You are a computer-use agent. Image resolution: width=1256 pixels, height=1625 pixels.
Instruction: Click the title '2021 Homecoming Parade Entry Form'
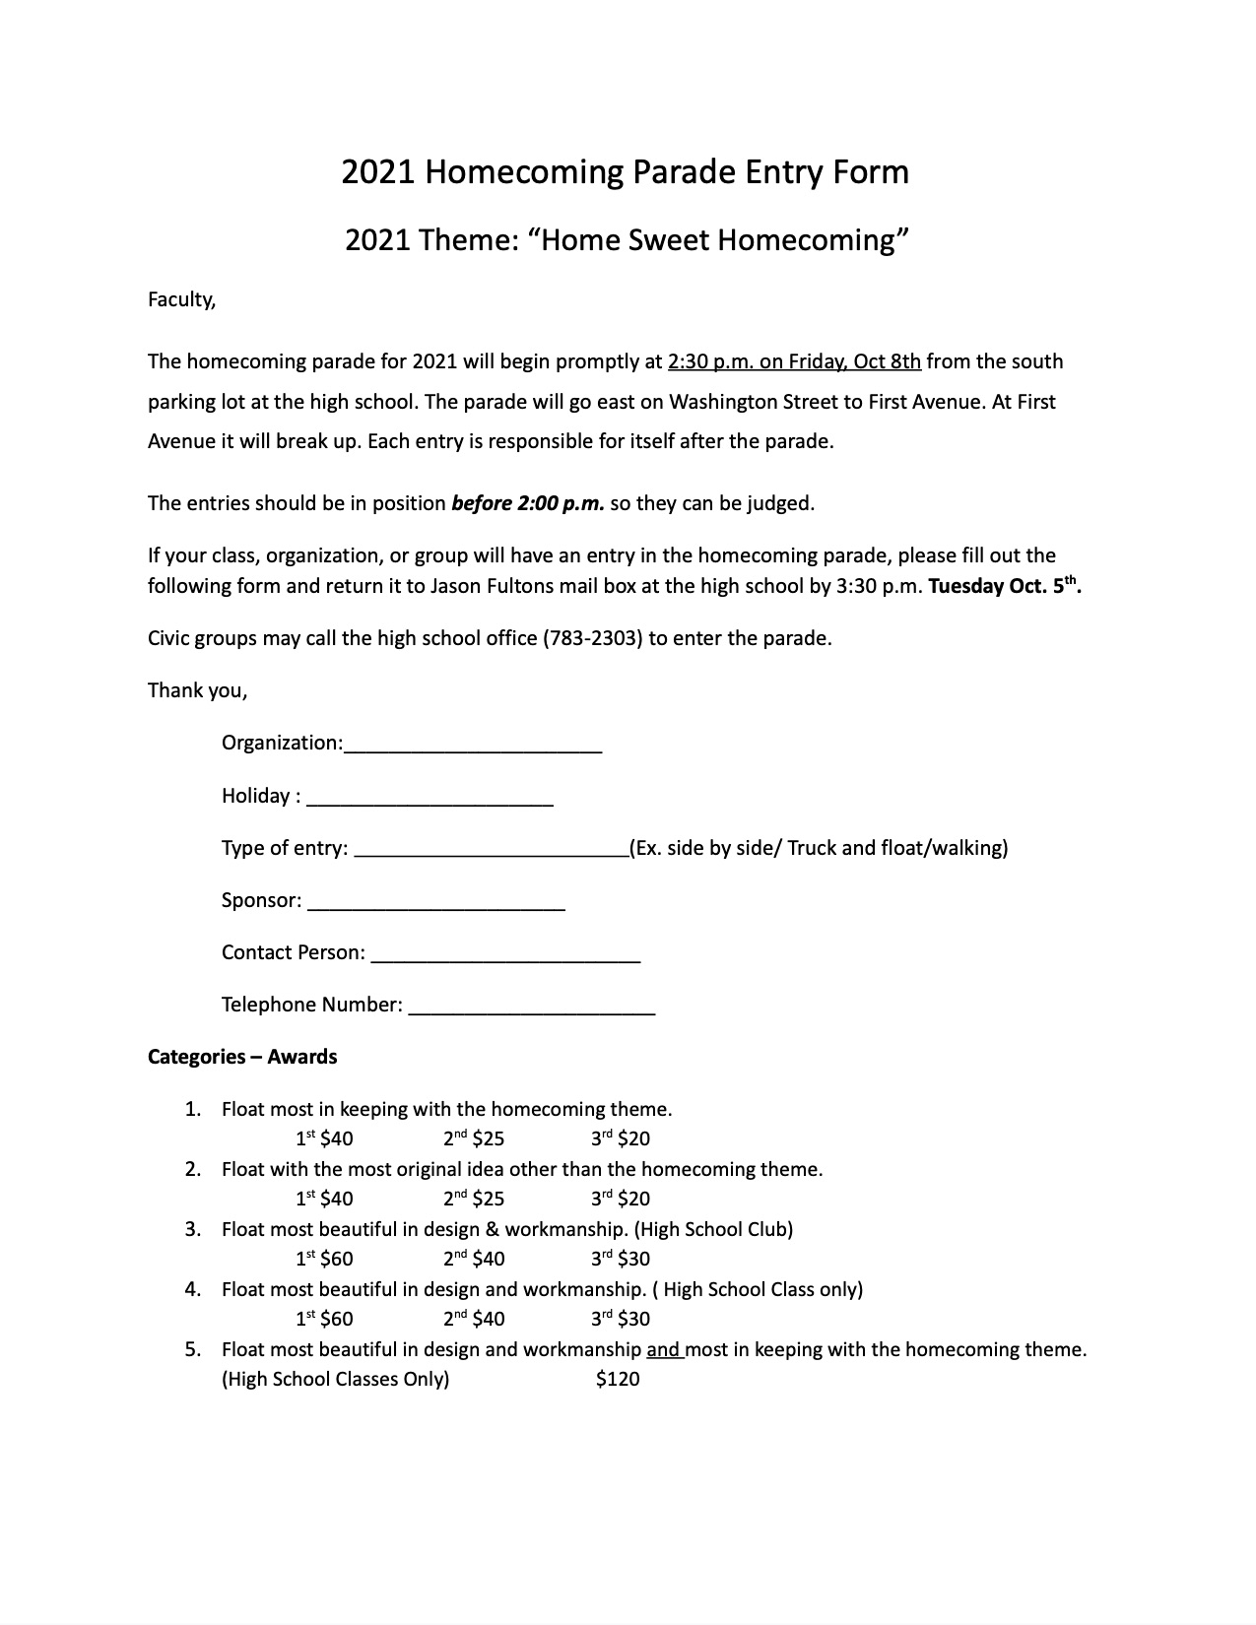[x=625, y=172]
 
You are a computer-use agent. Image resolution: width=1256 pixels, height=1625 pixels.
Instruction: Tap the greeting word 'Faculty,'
[x=181, y=299]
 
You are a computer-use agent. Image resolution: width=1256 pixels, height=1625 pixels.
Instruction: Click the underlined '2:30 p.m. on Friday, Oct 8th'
[x=794, y=361]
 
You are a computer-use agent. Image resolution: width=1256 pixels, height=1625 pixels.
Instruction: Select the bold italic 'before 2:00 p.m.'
[x=528, y=503]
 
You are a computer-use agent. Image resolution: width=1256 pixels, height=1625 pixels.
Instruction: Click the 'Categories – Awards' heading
[x=242, y=1057]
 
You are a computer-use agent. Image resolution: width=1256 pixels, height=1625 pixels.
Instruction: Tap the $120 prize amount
[x=618, y=1379]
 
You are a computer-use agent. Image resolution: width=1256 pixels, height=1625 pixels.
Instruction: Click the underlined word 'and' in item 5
[x=664, y=1349]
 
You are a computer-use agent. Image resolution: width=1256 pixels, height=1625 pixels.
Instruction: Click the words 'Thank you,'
[x=197, y=690]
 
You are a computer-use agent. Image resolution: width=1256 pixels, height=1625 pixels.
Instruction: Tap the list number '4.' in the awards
[x=193, y=1289]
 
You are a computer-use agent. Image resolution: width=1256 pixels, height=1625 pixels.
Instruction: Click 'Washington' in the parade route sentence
[x=724, y=402]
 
